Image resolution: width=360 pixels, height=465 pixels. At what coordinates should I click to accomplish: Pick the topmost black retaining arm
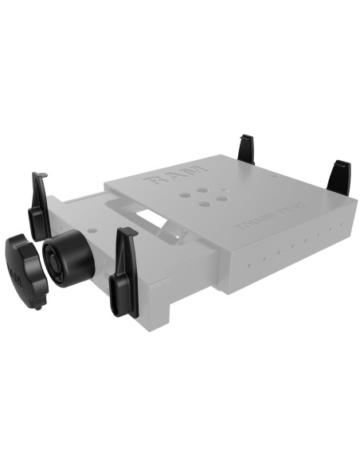click(246, 149)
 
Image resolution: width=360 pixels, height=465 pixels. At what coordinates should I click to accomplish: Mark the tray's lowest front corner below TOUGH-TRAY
click(232, 293)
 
